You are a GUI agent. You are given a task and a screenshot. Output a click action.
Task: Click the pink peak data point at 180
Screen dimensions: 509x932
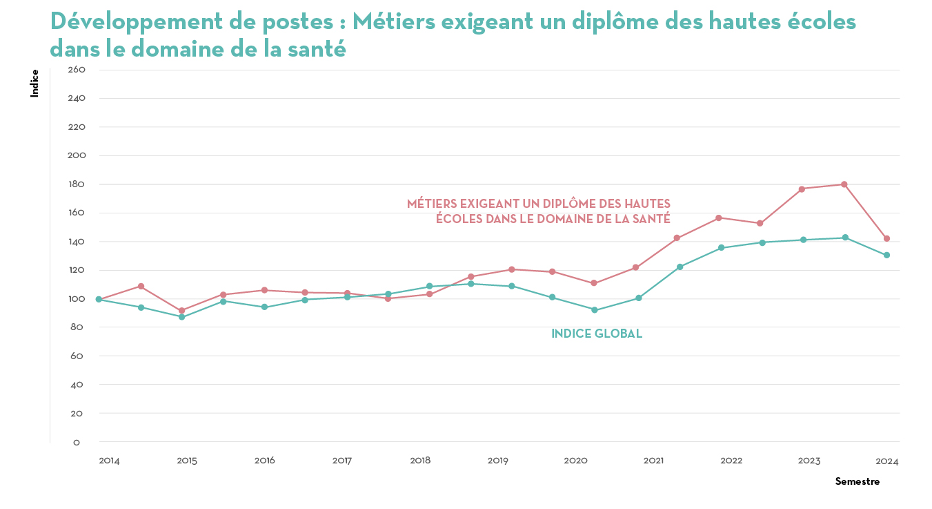coord(844,184)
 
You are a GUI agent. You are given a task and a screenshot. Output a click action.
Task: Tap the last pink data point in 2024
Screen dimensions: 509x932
coord(886,238)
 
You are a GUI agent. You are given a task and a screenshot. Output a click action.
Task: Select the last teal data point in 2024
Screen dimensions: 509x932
coord(886,256)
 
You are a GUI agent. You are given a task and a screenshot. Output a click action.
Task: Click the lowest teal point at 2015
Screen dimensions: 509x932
coord(182,317)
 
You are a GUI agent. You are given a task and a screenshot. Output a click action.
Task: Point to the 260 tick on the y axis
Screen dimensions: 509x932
coord(76,70)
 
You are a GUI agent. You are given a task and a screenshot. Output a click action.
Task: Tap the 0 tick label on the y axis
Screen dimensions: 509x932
coord(77,442)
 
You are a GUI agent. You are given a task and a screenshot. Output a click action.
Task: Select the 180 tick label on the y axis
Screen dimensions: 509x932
coord(76,184)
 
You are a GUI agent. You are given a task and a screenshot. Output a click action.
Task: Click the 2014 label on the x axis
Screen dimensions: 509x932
coord(109,461)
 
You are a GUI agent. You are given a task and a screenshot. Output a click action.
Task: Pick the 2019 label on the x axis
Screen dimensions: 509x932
coord(498,461)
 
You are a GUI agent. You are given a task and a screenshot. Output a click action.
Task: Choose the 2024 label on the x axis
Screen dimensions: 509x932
coord(887,461)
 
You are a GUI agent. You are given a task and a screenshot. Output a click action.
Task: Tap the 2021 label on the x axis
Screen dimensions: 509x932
coord(654,461)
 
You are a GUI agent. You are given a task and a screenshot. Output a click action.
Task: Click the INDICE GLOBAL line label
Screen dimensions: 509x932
coord(597,334)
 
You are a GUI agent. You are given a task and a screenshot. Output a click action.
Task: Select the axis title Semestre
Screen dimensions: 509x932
coord(857,481)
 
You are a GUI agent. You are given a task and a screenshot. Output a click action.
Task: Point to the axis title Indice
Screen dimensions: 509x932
coord(34,84)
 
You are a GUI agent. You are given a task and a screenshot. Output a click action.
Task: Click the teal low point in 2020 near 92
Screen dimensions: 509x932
coord(595,310)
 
